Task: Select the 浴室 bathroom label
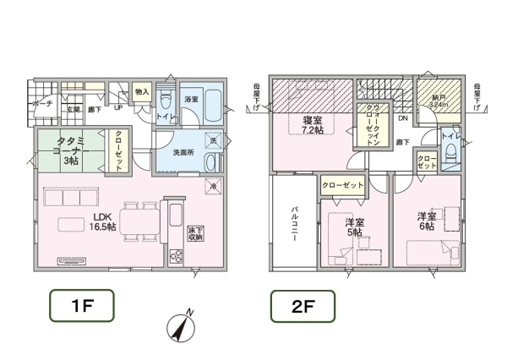coord(191,99)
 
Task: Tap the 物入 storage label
coord(142,92)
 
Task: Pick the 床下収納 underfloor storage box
coord(195,232)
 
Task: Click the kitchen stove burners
coord(177,257)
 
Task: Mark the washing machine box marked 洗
coord(214,140)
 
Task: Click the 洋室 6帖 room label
coord(425,221)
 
